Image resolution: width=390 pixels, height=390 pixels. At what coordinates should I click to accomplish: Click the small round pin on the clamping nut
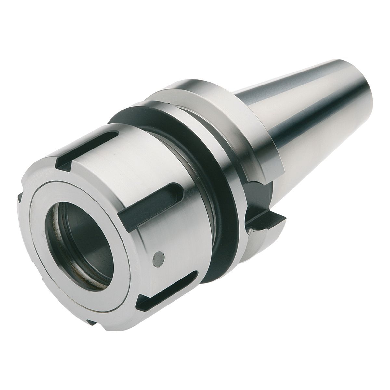pyautogui.click(x=158, y=259)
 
